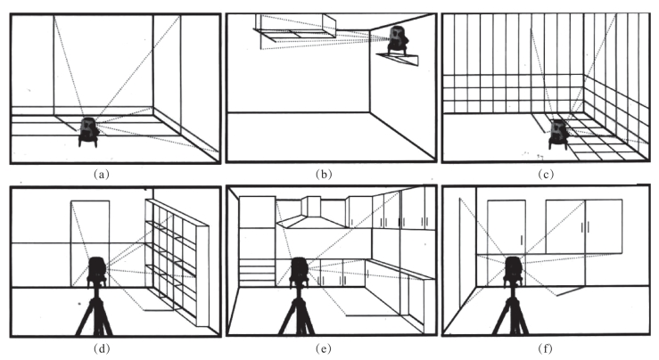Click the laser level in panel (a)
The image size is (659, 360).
click(x=88, y=130)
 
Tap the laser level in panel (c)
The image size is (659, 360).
click(x=560, y=132)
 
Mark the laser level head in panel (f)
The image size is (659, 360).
click(x=514, y=269)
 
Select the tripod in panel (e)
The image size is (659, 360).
click(x=300, y=312)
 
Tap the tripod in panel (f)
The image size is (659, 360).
click(x=513, y=312)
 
